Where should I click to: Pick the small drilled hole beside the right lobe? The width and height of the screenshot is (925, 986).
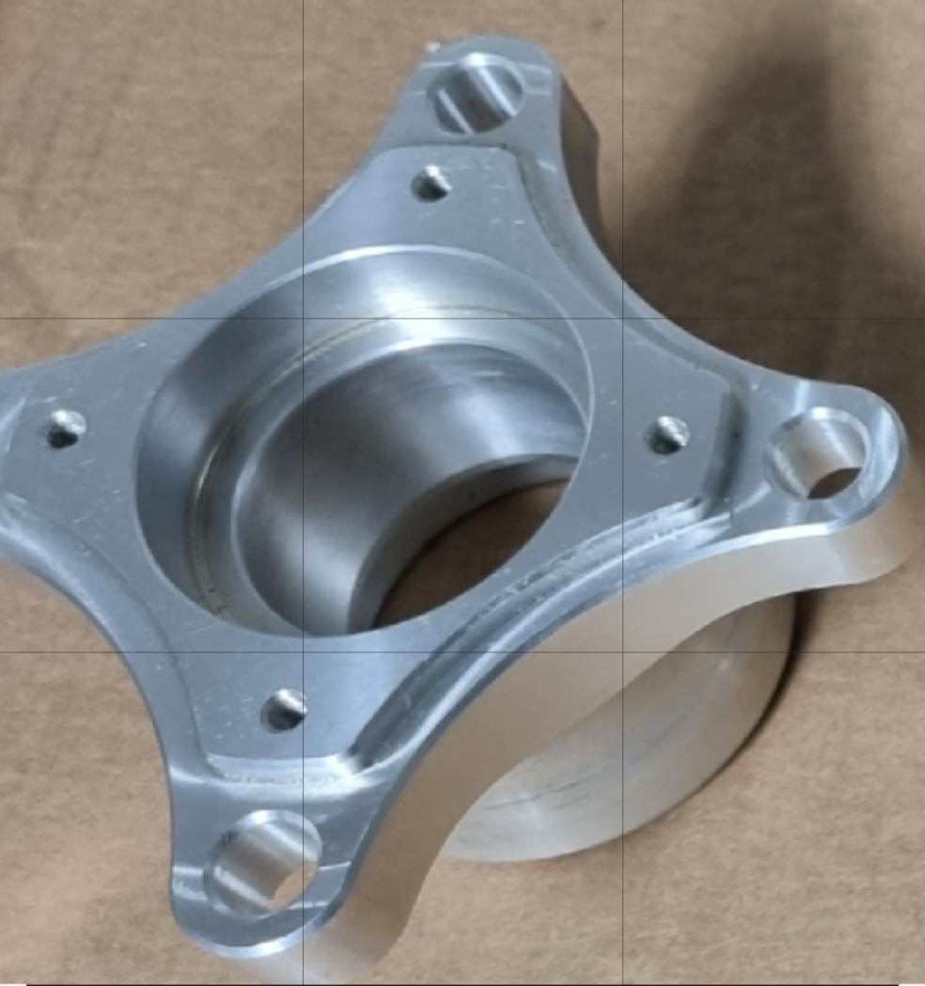click(668, 434)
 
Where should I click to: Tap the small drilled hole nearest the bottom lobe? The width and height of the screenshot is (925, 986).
click(283, 709)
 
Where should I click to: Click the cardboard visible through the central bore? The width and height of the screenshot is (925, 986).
click(470, 555)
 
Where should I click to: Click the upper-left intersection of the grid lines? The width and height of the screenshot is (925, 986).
click(303, 318)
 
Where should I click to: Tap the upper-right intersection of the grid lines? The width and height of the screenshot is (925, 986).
click(622, 318)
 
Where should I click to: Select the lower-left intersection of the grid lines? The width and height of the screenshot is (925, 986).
click(303, 651)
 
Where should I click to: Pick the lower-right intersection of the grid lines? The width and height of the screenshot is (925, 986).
click(622, 651)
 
